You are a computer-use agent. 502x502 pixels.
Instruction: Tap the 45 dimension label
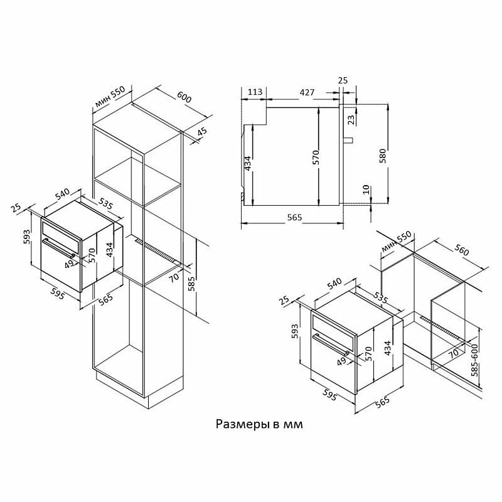coord(202,133)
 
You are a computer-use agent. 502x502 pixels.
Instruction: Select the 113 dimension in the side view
coord(255,92)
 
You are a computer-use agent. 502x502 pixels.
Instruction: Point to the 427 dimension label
coord(307,92)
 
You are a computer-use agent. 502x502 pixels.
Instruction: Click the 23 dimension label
coord(351,120)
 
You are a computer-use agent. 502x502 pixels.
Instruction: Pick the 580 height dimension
coord(383,156)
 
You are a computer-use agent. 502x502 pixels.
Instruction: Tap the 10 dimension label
coord(366,190)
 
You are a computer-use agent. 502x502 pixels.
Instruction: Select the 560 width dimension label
coord(461,250)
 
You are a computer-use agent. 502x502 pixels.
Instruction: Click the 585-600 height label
coord(474,360)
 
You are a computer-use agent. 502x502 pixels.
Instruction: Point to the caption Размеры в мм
coord(259,424)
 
